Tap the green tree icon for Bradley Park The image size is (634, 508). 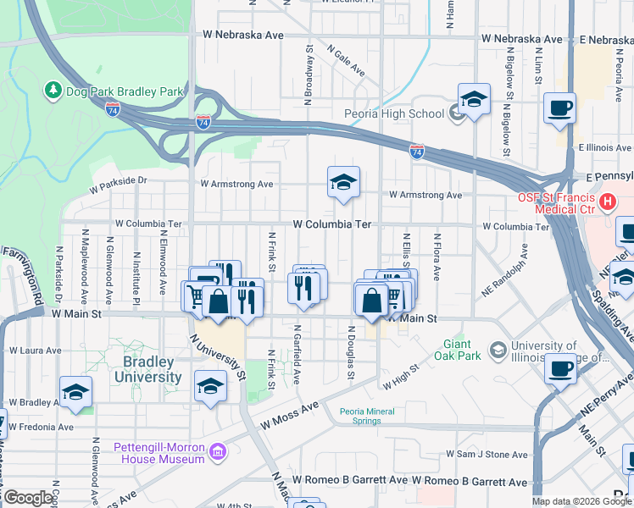click(x=53, y=90)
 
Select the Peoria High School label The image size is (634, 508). click(x=393, y=113)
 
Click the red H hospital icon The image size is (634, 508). click(x=607, y=202)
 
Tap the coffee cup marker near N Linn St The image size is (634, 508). click(x=559, y=108)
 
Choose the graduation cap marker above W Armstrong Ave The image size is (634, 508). click(x=343, y=182)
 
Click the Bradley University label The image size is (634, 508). click(x=142, y=368)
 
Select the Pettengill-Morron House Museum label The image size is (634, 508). click(x=159, y=451)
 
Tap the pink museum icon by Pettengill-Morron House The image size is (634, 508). click(x=219, y=451)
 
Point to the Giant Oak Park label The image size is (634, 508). click(x=462, y=350)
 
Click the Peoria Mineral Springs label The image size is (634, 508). click(x=372, y=415)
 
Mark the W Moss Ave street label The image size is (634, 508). click(x=290, y=414)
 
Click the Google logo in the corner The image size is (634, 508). click(x=28, y=498)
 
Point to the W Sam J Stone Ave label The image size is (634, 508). click(x=492, y=455)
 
